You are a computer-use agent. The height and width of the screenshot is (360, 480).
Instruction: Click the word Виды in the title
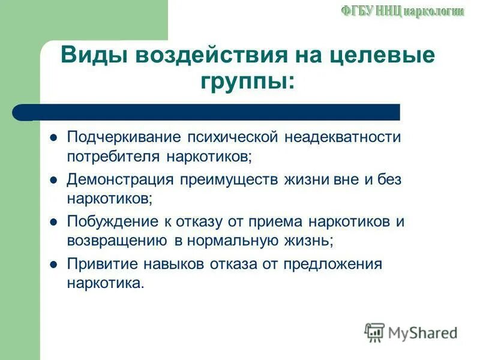coord(96,57)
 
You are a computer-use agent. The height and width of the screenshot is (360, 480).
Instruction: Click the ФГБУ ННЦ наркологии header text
coord(403,11)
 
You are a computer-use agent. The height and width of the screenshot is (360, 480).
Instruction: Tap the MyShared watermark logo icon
coord(374,332)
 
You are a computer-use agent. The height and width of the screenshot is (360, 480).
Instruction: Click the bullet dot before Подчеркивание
coord(53,137)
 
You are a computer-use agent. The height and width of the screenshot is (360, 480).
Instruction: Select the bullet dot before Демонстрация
coord(53,179)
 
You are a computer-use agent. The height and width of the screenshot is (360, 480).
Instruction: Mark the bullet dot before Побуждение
coord(53,221)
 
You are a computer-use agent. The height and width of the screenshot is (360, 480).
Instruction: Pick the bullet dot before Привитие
coord(53,264)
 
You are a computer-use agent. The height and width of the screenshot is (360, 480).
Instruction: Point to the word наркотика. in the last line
coord(106,283)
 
